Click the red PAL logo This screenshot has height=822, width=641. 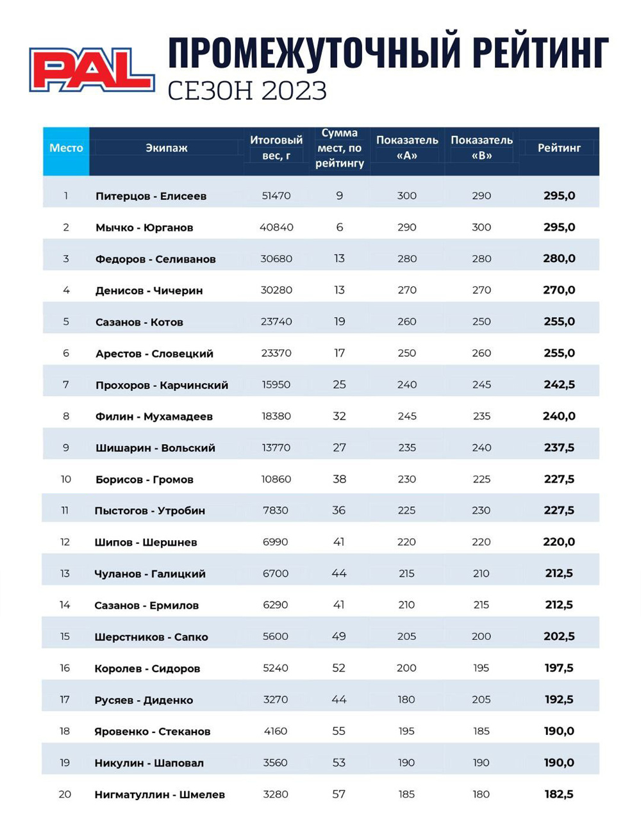[x=92, y=70]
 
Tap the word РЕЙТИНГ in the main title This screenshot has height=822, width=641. [x=540, y=53]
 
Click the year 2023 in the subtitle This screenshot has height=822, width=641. [x=294, y=90]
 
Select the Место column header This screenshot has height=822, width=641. [x=66, y=148]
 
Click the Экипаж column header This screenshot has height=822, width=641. [x=167, y=148]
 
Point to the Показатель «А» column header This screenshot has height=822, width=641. [x=407, y=148]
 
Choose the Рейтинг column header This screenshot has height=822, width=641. [x=559, y=148]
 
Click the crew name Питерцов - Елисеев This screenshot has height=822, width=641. [x=151, y=196]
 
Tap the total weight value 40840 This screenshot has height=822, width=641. [x=276, y=227]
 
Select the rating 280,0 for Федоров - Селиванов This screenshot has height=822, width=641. [x=559, y=259]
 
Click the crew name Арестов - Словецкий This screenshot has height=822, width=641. [x=154, y=354]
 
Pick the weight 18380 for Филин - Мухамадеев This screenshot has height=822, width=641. [x=276, y=416]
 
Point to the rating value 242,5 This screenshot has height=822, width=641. [x=559, y=384]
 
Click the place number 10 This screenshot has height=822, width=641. [x=66, y=479]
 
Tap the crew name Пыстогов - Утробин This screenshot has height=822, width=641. [x=150, y=511]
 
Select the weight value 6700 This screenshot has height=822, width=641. [x=276, y=573]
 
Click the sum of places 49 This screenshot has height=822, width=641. [x=338, y=636]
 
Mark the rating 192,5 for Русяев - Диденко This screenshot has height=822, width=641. [x=559, y=700]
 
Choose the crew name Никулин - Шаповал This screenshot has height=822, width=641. [x=149, y=763]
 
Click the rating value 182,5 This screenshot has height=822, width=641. [x=559, y=794]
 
